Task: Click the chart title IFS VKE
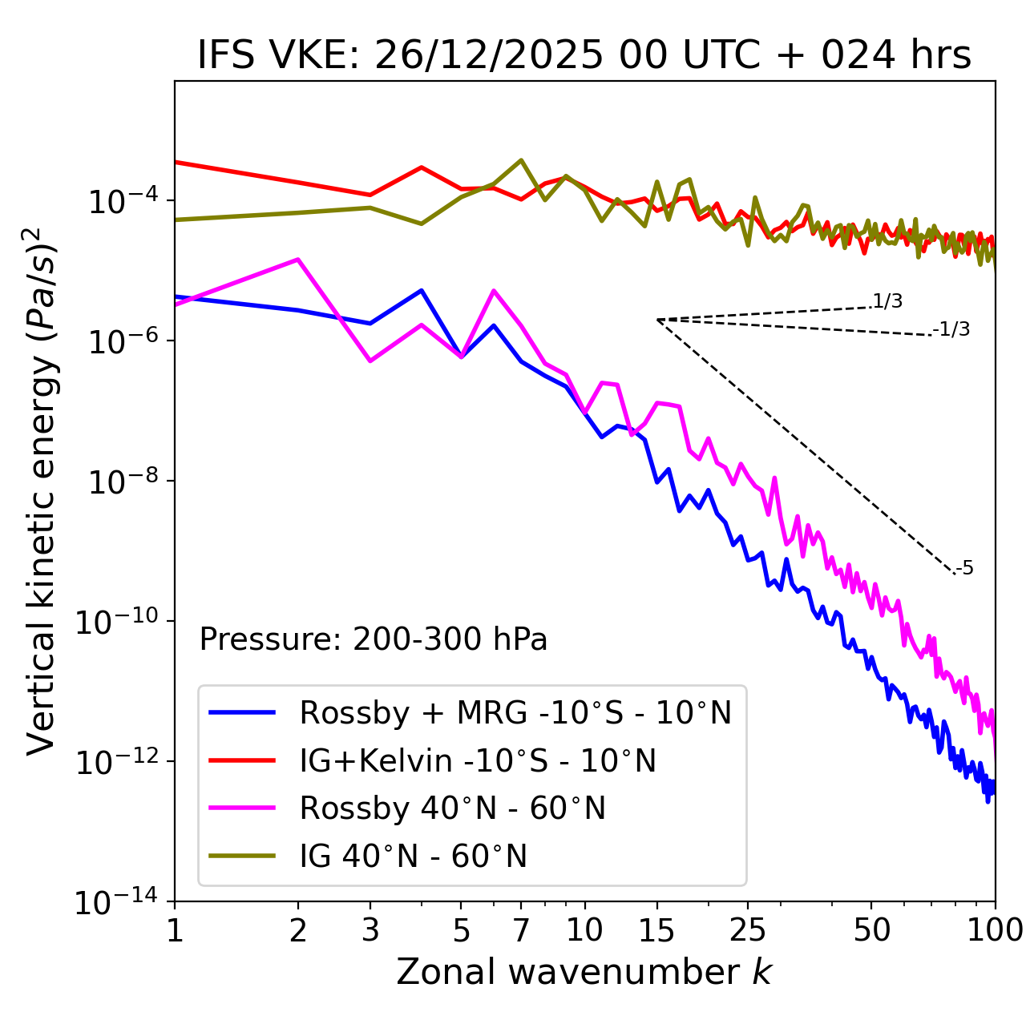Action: point(584,56)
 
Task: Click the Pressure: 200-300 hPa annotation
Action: point(373,639)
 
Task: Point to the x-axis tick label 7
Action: point(521,930)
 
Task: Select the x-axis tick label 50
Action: point(871,930)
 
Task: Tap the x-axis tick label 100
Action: point(994,930)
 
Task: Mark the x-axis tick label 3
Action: point(370,930)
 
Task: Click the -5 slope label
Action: point(965,569)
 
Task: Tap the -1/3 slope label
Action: point(952,329)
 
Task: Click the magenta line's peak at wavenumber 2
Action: point(298,260)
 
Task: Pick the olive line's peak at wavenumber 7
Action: point(521,160)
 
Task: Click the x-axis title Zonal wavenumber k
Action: point(584,973)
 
